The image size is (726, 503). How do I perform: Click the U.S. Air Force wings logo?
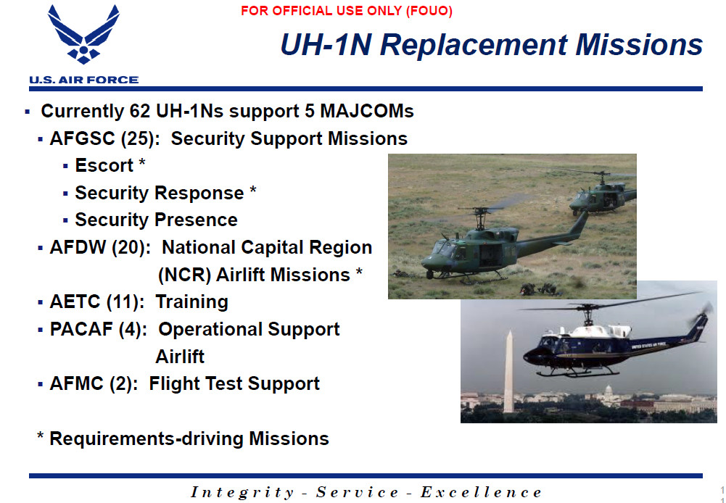83,34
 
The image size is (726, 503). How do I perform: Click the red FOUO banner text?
347,11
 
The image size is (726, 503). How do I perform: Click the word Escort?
104,165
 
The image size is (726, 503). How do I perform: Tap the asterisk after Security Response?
253,190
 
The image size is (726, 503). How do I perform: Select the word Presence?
196,220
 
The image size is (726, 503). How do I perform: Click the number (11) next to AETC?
123,302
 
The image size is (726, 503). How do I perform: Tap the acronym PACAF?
81,329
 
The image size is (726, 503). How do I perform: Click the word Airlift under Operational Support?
180,357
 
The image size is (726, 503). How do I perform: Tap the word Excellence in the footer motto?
481,492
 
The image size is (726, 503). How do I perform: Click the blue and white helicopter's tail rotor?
706,311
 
